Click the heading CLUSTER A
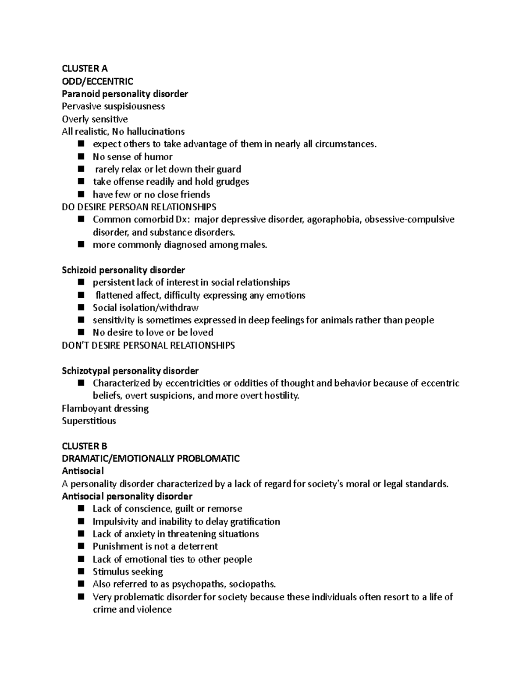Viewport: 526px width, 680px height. pyautogui.click(x=84, y=68)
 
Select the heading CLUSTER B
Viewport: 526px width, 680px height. pyautogui.click(x=84, y=446)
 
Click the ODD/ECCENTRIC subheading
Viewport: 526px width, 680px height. pyautogui.click(x=97, y=81)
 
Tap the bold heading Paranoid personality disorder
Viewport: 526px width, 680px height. pyautogui.click(x=124, y=94)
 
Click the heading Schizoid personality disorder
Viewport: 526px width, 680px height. pyautogui.click(x=123, y=270)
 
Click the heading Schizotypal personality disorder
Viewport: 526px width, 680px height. pyautogui.click(x=130, y=371)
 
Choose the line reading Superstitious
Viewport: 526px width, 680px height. pyautogui.click(x=89, y=421)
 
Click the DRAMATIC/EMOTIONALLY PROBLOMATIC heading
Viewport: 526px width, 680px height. pyautogui.click(x=151, y=458)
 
